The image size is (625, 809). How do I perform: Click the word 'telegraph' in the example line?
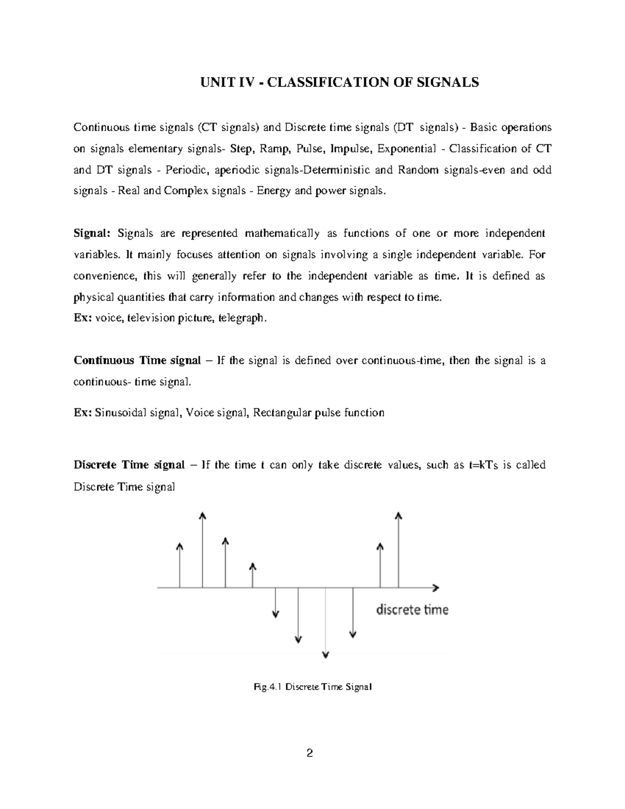243,318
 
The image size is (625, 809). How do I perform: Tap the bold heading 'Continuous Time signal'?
137,360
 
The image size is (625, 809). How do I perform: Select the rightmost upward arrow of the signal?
398,550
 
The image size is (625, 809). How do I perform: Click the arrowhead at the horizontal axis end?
435,588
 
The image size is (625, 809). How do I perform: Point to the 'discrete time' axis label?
412,609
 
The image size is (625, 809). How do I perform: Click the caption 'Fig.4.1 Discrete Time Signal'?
312,687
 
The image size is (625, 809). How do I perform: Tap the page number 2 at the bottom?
310,753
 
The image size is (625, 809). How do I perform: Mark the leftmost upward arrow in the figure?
180,565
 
